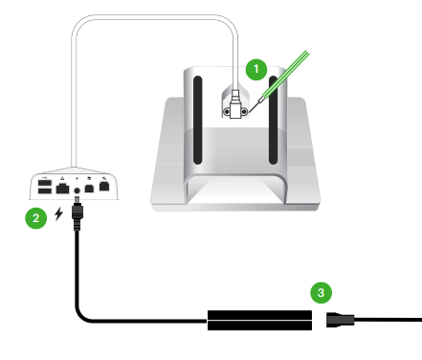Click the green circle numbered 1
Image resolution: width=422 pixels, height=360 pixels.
256,69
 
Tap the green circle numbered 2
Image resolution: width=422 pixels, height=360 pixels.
36,218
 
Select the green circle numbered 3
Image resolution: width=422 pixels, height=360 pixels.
322,292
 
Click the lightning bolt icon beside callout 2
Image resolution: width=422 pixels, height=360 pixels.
58,214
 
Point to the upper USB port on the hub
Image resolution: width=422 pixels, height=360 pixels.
45,183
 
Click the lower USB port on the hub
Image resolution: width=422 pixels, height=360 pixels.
45,191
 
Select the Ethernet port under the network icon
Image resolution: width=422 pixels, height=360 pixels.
62,189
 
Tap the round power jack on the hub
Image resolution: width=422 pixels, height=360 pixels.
77,191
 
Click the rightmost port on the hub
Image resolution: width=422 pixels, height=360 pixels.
104,186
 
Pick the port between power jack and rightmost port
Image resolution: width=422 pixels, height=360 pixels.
89,189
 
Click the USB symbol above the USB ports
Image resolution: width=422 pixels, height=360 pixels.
44,176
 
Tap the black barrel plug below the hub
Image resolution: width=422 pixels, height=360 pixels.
77,214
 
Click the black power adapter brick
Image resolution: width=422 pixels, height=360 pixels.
259,320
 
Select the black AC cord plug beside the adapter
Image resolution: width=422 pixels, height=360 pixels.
340,320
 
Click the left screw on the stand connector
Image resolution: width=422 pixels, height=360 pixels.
227,112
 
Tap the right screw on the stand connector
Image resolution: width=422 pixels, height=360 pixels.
244,112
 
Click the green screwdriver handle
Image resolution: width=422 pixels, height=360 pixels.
286,74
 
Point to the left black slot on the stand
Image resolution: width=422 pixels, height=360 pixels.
198,121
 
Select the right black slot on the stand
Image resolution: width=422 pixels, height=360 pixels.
274,121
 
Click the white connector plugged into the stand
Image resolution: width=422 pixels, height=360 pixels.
235,104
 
